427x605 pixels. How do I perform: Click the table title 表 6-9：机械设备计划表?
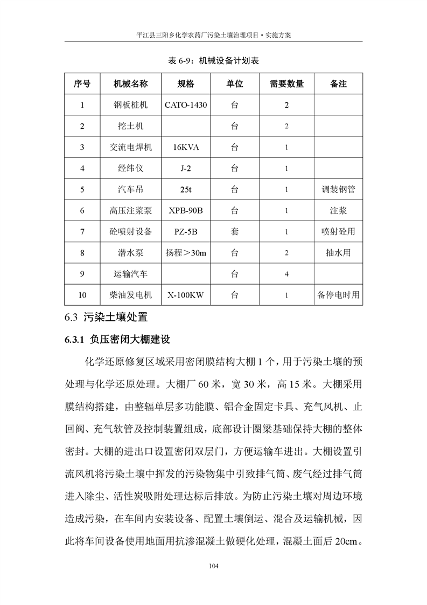tap(213, 61)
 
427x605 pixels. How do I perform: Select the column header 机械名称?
tap(130, 84)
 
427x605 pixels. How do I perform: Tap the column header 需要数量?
tap(286, 84)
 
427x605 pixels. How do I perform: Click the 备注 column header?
tap(338, 84)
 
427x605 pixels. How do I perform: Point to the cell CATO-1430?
tap(186, 105)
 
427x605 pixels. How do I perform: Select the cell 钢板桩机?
tap(130, 105)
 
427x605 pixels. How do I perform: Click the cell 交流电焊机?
tap(130, 147)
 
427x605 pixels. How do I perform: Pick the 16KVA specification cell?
tap(186, 147)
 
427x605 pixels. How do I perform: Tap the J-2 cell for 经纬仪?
tap(186, 168)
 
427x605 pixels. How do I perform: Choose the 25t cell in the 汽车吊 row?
tap(186, 189)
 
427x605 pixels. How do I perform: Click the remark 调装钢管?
tap(338, 189)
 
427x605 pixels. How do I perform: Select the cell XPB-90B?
tap(186, 210)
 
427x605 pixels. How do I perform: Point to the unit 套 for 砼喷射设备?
tap(235, 231)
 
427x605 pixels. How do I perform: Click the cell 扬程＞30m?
tap(186, 252)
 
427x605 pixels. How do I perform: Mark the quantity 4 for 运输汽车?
tap(286, 274)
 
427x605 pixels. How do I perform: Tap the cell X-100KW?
tap(186, 295)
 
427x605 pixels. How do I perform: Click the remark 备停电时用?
tap(338, 295)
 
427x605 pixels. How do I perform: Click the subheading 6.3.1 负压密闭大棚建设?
tap(117, 340)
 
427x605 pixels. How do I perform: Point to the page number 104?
tap(213, 566)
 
